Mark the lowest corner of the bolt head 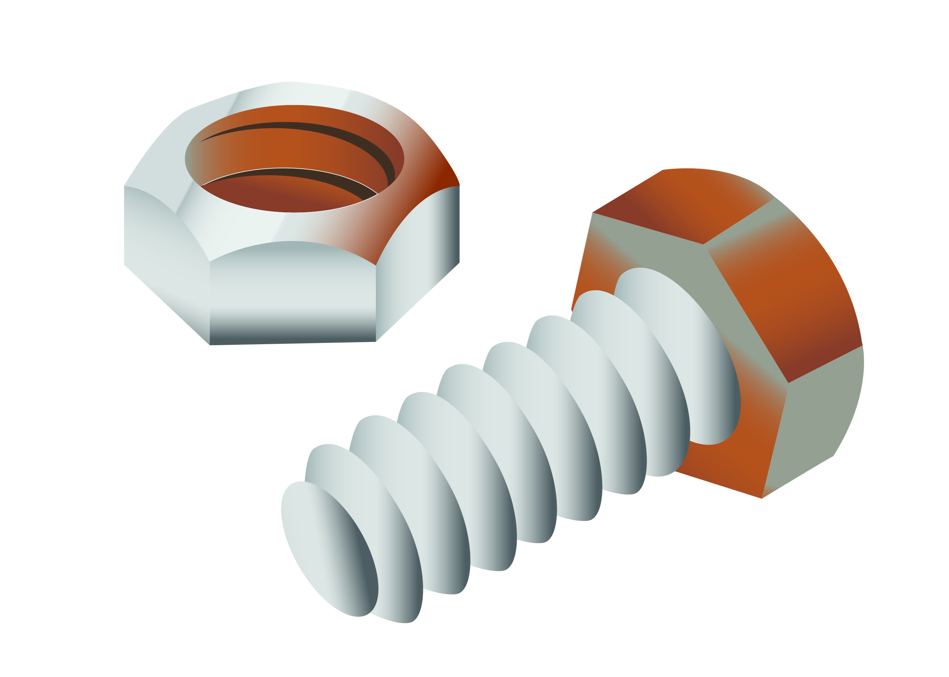point(762,498)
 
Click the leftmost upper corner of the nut point(124,186)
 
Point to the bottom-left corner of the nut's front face point(209,345)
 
